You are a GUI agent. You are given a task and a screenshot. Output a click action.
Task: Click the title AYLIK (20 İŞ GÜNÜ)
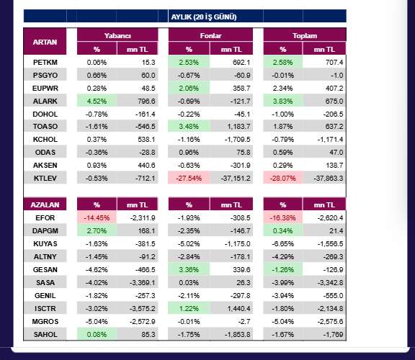point(204,17)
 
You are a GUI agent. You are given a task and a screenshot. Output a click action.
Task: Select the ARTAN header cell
point(45,42)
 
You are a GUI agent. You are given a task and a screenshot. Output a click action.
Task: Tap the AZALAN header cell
point(45,204)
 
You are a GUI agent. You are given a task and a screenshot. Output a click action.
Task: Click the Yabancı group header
point(117,35)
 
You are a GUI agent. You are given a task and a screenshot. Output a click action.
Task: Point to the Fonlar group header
point(210,35)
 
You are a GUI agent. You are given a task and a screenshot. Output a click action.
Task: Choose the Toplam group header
point(305,35)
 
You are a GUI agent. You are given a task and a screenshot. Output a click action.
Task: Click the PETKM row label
point(45,63)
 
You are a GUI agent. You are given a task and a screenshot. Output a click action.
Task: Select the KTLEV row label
point(45,179)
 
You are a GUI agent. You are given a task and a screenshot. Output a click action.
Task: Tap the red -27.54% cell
point(189,179)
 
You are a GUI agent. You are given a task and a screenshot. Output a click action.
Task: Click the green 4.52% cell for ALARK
point(97,101)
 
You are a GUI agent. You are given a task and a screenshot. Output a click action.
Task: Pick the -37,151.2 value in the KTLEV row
point(236,179)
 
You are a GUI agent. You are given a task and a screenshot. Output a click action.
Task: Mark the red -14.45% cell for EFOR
point(97,217)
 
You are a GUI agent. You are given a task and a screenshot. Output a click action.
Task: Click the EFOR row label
point(45,217)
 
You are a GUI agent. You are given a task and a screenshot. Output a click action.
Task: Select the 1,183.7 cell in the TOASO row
point(238,127)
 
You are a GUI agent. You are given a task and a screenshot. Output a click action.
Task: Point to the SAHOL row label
point(45,334)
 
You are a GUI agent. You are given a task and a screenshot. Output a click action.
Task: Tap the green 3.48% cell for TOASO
point(189,127)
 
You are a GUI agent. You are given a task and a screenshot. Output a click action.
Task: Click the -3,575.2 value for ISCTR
point(143,308)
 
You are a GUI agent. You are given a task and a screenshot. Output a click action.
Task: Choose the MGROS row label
point(45,321)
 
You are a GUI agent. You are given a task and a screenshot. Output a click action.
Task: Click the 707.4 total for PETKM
point(334,63)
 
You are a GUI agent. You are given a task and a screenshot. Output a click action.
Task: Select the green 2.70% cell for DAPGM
point(97,230)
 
